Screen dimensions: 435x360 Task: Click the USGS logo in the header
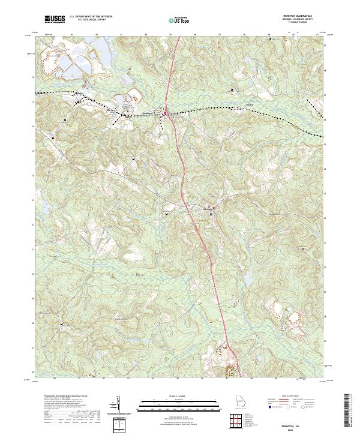point(55,20)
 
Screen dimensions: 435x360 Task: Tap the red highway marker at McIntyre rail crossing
point(166,112)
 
